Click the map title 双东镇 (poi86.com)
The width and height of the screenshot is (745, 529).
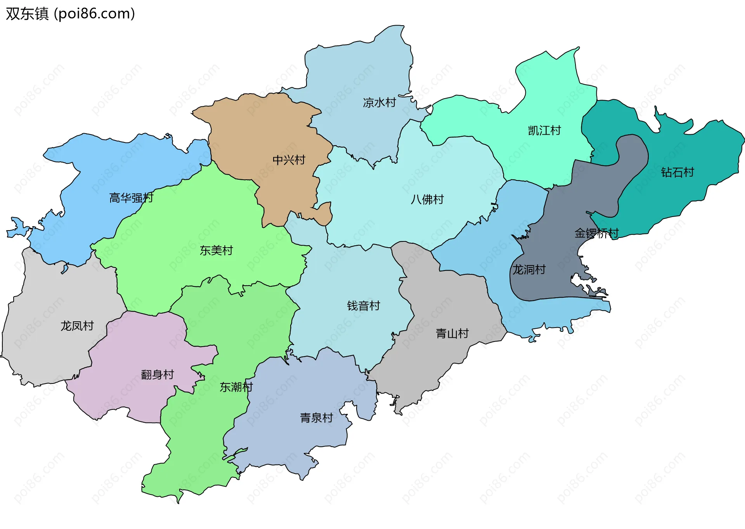70,14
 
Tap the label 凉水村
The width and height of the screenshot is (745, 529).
379,102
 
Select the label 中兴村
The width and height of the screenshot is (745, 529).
289,160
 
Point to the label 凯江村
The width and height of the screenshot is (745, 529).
544,130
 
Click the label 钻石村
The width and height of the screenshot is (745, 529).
677,172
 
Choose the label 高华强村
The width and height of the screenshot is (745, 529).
131,198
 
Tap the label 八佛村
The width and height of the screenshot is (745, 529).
427,199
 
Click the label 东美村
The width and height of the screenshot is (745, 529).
216,251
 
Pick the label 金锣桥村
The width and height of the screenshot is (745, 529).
596,233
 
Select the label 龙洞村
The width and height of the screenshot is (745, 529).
529,270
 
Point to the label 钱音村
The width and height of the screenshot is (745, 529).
363,306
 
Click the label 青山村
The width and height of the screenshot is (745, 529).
452,333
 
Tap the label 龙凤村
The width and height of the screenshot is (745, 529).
77,326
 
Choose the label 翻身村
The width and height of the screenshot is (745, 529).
157,375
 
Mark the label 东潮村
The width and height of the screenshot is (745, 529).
236,387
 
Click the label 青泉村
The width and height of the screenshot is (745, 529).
316,418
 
